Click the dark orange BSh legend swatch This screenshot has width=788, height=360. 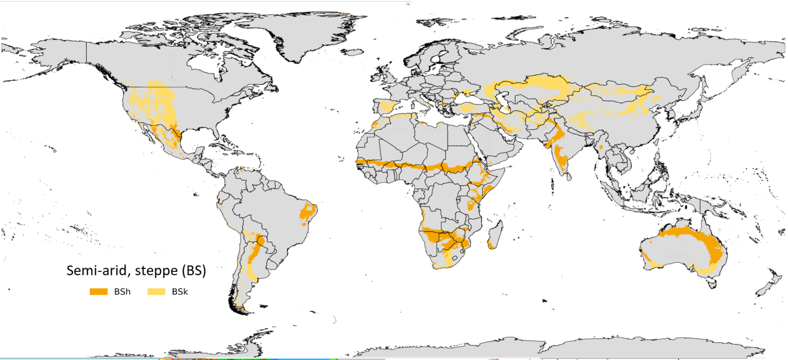[99, 291]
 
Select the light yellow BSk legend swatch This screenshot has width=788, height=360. [158, 291]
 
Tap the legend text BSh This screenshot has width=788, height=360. [121, 291]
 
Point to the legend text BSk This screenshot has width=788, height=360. [180, 291]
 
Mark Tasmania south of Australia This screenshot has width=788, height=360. [713, 283]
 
